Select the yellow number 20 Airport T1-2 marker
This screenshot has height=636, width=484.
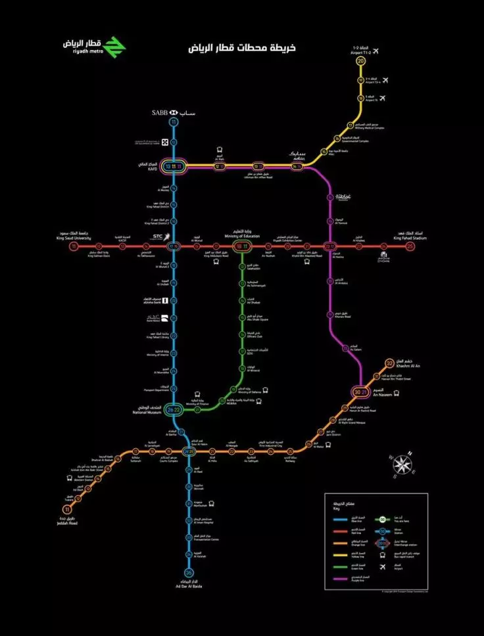pyautogui.click(x=360, y=61)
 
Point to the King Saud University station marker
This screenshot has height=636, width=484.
pyautogui.click(x=74, y=246)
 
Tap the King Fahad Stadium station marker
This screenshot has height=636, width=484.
pyautogui.click(x=410, y=246)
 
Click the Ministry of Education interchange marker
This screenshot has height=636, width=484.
pyautogui.click(x=242, y=246)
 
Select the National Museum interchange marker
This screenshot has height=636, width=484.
pyautogui.click(x=174, y=410)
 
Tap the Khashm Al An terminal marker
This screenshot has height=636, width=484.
pyautogui.click(x=389, y=363)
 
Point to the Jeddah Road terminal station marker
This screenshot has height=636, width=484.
pyautogui.click(x=66, y=509)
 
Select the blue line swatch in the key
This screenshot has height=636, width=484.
pyautogui.click(x=340, y=518)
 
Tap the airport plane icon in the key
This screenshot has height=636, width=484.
pyautogui.click(x=382, y=566)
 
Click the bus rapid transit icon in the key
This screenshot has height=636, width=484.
pyautogui.click(x=382, y=555)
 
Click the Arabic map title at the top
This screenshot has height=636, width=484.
pyautogui.click(x=242, y=49)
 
